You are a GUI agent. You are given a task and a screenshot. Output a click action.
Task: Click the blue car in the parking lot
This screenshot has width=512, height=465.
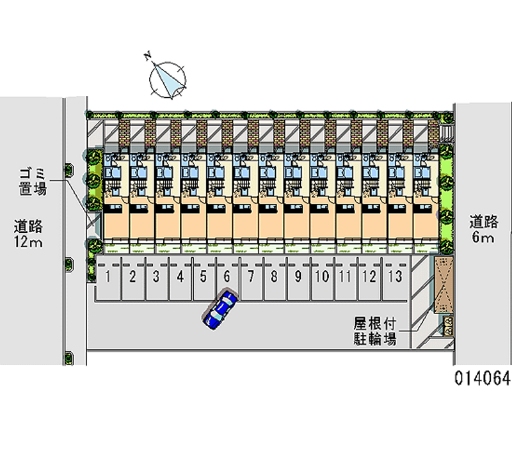pos(221,310)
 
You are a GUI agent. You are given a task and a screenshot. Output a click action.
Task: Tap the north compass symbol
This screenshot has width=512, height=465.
pos(168,79)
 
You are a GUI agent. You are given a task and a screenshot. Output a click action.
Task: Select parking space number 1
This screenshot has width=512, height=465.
pos(109,277)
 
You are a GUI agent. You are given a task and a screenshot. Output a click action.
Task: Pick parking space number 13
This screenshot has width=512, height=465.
pos(395,277)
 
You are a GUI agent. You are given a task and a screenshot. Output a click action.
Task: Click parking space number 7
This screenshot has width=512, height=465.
pos(251,277)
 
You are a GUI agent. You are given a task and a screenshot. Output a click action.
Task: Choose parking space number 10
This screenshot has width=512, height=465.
pos(322,277)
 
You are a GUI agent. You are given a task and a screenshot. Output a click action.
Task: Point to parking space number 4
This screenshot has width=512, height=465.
pos(180,277)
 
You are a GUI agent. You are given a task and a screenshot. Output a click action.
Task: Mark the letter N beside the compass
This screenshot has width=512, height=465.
pos(148,58)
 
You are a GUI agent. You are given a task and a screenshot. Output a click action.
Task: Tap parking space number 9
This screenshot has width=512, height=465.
pos(298,277)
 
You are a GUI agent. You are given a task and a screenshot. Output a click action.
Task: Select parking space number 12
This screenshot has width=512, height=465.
pos(369,277)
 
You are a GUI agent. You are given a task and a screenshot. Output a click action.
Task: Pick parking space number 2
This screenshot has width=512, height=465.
pos(132,277)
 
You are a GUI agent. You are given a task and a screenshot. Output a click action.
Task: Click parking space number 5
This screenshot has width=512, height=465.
pos(204,277)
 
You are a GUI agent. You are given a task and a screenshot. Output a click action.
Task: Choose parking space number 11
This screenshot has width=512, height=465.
pos(346,277)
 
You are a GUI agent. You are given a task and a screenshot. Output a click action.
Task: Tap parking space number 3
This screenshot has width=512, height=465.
pos(156,277)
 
